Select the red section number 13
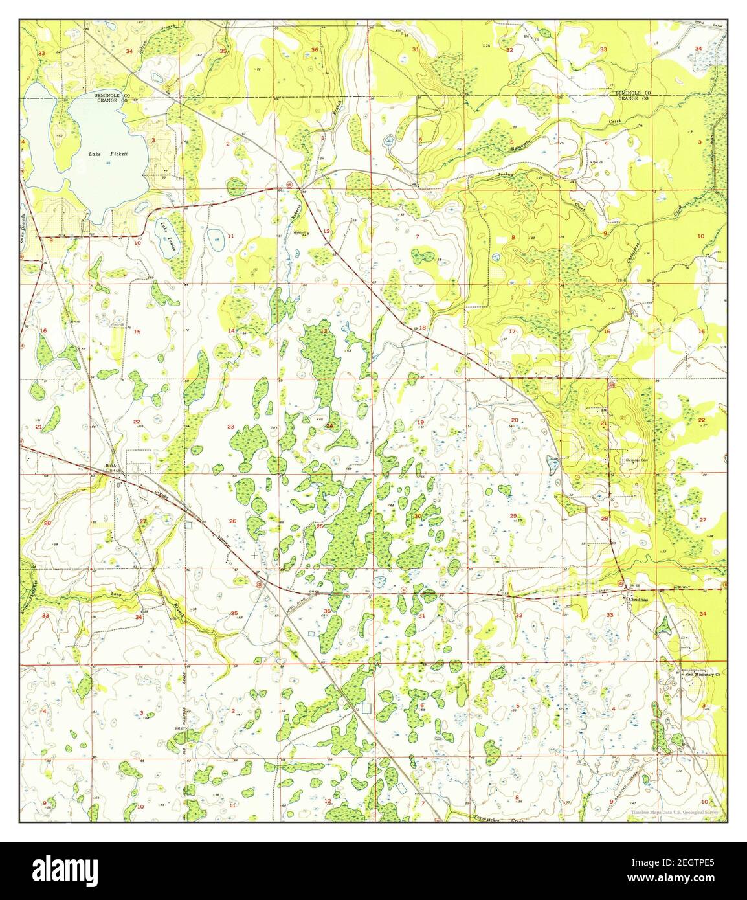tap(324, 332)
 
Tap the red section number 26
tap(232, 521)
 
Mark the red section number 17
tap(511, 332)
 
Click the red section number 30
tap(418, 516)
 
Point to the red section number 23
tap(230, 427)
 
